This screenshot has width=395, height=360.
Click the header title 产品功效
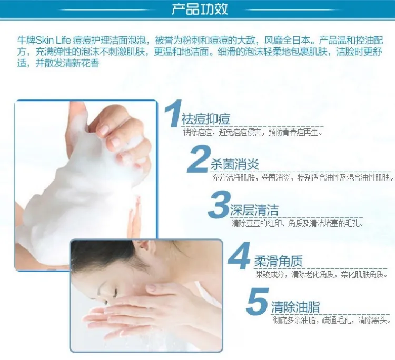point(200,9)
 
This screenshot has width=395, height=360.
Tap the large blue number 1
point(173,113)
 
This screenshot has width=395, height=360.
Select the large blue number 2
point(199,159)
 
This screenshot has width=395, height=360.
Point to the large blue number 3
point(219,204)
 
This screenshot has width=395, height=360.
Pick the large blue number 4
point(239,256)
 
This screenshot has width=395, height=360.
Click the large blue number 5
point(258,302)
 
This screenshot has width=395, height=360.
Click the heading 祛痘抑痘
point(206,119)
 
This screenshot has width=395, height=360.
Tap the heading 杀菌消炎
point(235,165)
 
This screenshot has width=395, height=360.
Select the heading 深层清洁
point(254,210)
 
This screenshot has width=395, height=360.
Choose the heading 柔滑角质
point(279,261)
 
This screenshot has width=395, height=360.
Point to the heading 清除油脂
point(295,307)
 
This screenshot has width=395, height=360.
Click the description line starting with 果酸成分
point(322,274)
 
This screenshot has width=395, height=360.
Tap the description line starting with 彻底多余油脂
point(332,320)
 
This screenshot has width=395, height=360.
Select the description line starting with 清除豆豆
point(298,223)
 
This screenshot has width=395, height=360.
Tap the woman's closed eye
point(116,292)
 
